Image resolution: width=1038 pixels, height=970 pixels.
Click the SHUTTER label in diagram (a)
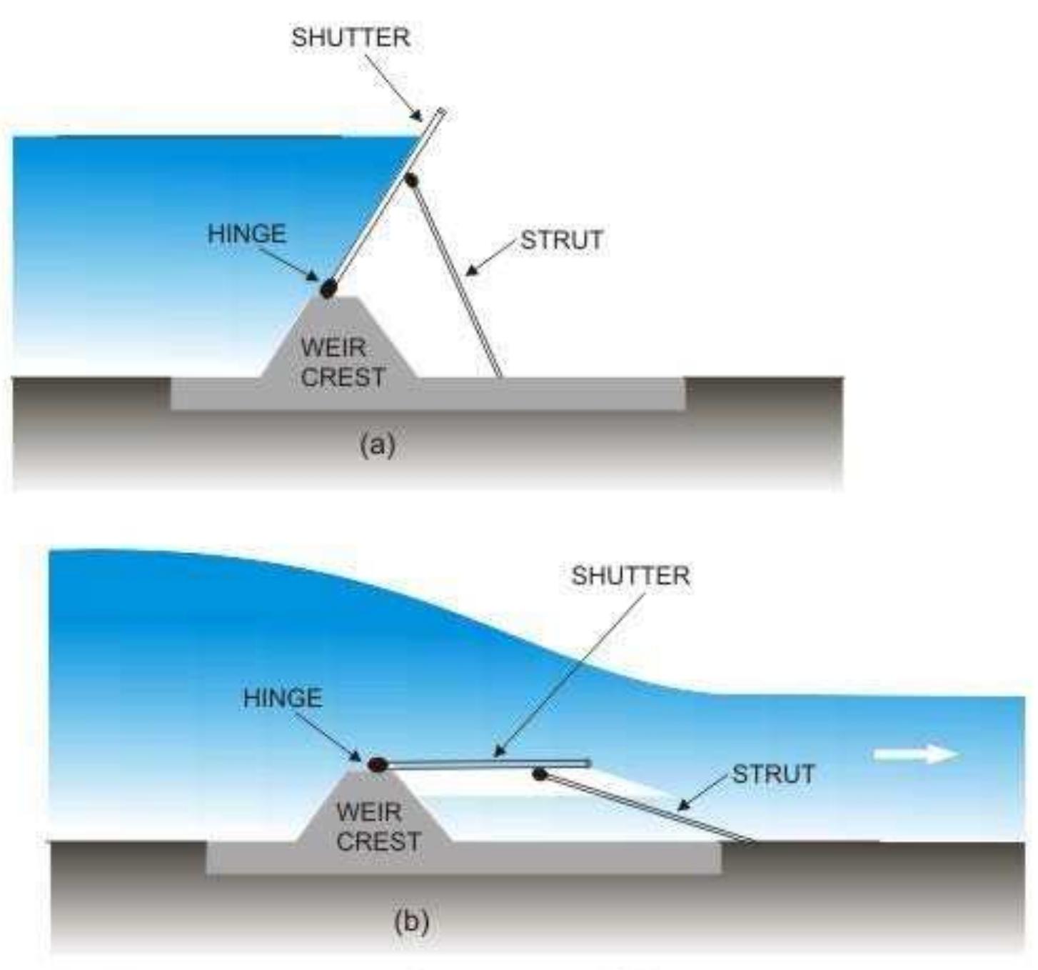(x=351, y=38)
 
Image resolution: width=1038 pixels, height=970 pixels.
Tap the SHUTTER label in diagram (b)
(x=630, y=576)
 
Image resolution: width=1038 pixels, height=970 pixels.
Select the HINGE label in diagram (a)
(x=247, y=234)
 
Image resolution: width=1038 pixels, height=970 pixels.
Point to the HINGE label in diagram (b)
(x=283, y=697)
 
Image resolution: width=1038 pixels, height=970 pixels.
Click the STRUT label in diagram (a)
(x=562, y=240)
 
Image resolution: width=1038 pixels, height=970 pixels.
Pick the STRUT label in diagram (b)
(x=774, y=774)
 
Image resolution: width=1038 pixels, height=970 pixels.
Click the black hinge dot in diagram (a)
(x=329, y=289)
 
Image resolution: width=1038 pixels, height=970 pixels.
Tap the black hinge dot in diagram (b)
(x=377, y=765)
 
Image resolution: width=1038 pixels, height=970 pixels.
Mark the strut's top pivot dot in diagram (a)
(x=411, y=180)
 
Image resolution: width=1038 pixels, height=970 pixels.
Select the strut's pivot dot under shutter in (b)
(x=540, y=774)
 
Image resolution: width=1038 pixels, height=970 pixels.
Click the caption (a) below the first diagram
(x=378, y=445)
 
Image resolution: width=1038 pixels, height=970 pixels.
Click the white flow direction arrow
(x=917, y=754)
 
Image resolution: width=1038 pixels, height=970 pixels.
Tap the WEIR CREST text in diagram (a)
(x=343, y=362)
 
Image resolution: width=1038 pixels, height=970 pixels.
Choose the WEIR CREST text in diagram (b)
(x=378, y=826)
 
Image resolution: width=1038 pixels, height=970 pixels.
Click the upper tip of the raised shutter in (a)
(x=442, y=110)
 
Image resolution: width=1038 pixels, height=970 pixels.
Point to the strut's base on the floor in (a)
(x=498, y=376)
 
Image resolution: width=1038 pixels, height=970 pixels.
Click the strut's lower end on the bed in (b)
(x=752, y=841)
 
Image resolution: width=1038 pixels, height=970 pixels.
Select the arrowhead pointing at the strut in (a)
(x=470, y=271)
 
